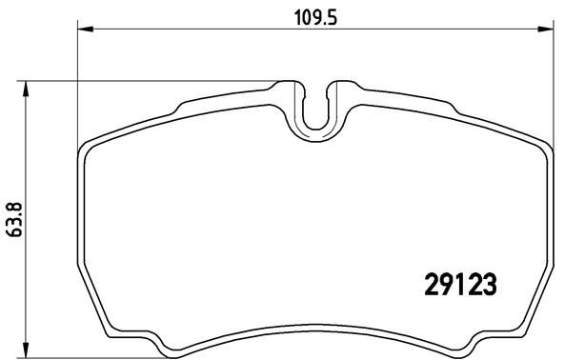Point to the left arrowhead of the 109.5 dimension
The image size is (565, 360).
tap(83, 30)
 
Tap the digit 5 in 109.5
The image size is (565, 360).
tap(335, 16)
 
